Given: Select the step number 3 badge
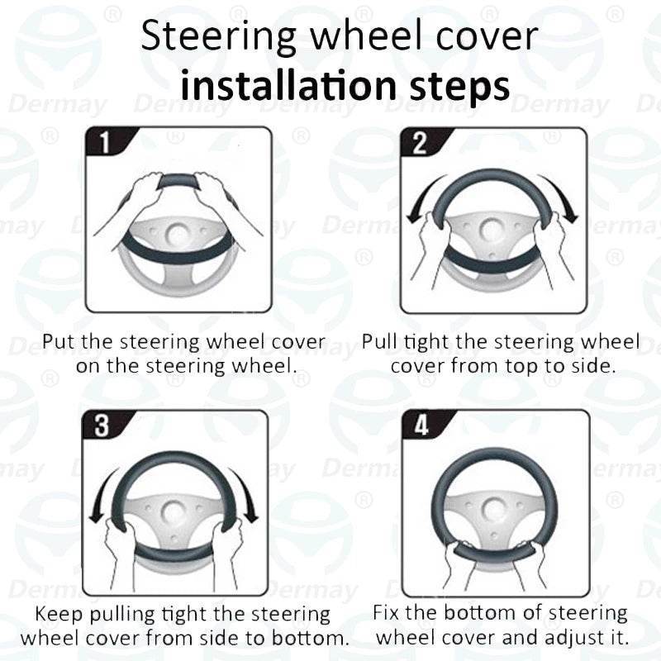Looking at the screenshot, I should pos(102,426).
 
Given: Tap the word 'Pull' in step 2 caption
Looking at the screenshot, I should pos(380,341).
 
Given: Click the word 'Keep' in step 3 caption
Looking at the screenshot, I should pos(60,616).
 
